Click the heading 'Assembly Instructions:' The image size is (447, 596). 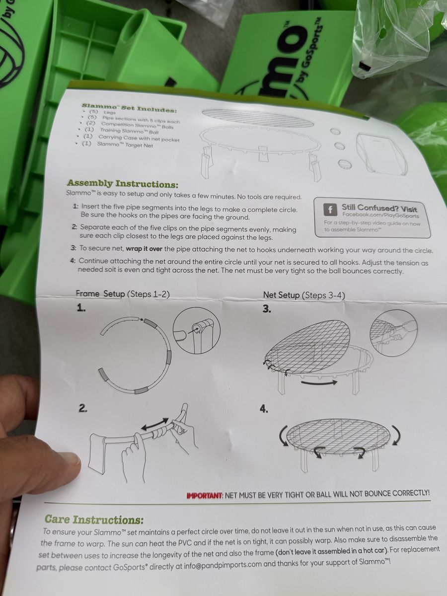pos(122,184)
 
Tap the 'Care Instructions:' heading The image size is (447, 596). pos(94,519)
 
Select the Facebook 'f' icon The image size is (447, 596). pos(330,210)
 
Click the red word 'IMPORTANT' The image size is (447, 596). pos(204,496)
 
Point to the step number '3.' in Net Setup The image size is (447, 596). pos(267,309)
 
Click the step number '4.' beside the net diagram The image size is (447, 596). pos(264,409)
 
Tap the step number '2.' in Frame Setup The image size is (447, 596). pos(83,408)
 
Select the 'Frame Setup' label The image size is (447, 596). pos(100,294)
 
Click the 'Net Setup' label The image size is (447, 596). pos(282,295)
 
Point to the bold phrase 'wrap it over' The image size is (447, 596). pos(144,249)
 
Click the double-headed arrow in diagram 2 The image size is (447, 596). pos(155,424)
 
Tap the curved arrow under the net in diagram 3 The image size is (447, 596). pos(319,382)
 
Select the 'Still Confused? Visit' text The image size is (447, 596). pos(379,208)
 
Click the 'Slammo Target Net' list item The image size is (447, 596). pos(125,145)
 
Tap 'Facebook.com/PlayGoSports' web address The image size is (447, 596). pos(380,216)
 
